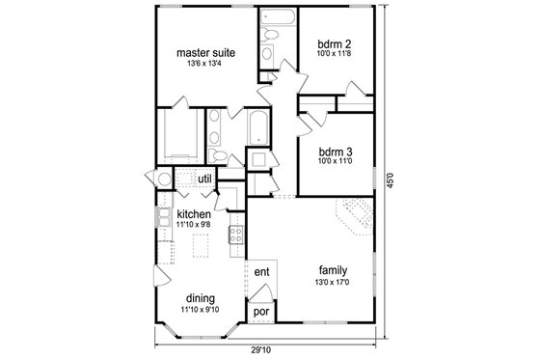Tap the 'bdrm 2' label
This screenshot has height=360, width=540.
point(335,42)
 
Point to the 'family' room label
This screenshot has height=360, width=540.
point(333,269)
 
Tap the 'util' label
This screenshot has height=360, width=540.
point(204,179)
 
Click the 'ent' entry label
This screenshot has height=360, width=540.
point(260,273)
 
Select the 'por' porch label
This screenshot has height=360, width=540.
point(260,312)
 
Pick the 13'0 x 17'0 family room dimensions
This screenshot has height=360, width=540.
point(333,282)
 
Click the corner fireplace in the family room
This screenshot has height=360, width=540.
point(352,215)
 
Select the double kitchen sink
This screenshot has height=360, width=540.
point(165,215)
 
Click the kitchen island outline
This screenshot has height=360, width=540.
point(200,249)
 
